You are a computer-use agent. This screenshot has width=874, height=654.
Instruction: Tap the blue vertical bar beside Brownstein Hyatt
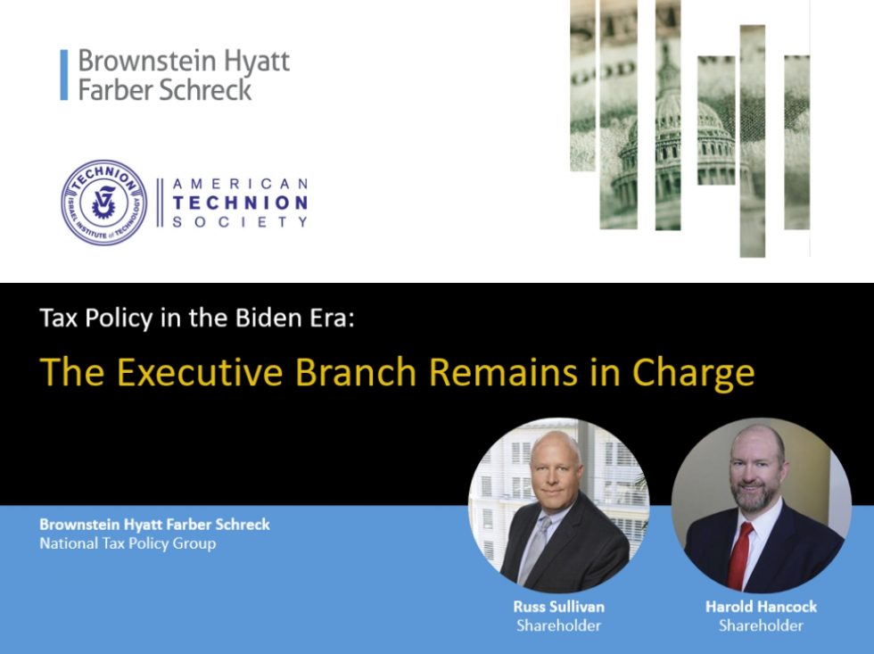[x=64, y=75]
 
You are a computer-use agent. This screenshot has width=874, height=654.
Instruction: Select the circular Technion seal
[x=103, y=203]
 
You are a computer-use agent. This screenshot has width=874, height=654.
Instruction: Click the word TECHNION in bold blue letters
[x=240, y=203]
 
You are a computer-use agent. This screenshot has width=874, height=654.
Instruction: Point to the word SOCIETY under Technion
[x=240, y=222]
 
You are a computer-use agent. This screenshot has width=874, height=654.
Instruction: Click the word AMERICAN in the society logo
[x=240, y=184]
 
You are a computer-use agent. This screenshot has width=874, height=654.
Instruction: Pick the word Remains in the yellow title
[x=503, y=372]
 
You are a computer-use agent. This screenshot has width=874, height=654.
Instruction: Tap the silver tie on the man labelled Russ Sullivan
[x=534, y=549]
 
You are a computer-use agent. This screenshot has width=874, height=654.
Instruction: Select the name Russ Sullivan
[x=558, y=607]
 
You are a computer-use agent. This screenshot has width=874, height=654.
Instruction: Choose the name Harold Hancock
[x=761, y=607]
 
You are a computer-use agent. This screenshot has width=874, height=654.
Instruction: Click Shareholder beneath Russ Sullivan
[x=558, y=625]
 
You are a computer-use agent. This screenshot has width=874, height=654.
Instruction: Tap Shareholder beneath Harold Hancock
[x=761, y=625]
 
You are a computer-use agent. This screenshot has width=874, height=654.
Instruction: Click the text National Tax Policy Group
[x=128, y=543]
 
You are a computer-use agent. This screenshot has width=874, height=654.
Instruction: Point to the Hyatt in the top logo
[x=257, y=62]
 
